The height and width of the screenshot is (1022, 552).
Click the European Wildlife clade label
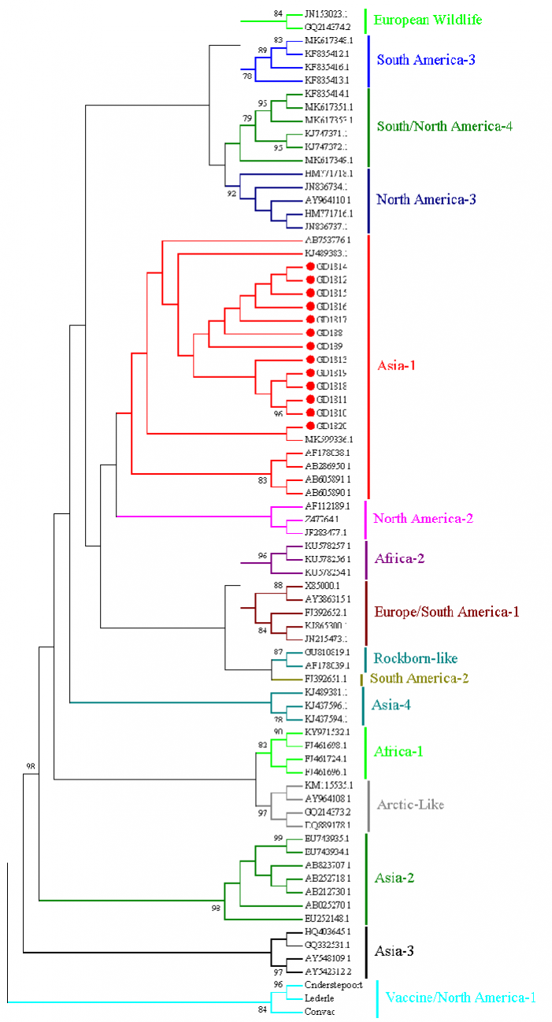tap(428, 20)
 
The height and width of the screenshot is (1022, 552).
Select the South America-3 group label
tap(425, 59)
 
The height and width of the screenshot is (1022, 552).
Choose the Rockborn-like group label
tap(414, 658)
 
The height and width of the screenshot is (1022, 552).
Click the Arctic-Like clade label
tap(410, 805)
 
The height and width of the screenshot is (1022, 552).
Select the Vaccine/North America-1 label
tap(461, 998)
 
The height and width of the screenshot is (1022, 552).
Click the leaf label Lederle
tap(319, 998)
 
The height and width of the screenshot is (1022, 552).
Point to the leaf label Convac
tap(320, 1012)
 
